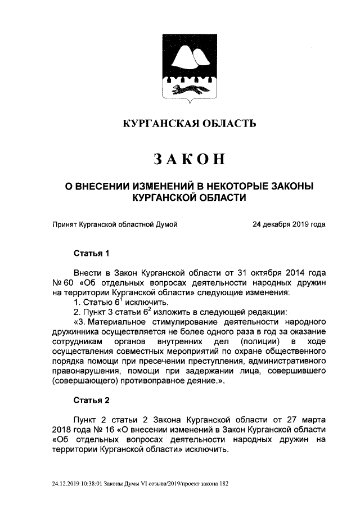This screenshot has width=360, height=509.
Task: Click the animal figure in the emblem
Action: click(188, 89)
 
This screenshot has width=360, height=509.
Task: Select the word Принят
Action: click(65, 224)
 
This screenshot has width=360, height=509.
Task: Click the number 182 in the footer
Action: click(223, 483)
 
